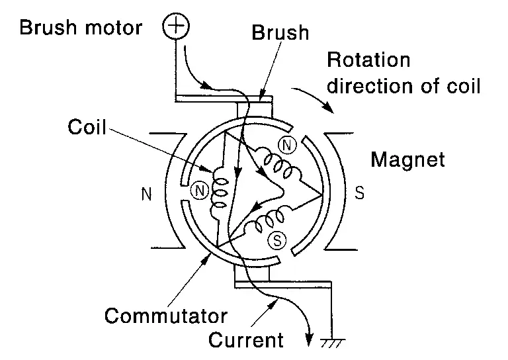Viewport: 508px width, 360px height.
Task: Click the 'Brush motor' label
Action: pos(81,28)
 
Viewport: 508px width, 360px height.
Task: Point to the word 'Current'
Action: pos(245,341)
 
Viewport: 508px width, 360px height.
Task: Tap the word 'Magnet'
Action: pos(407,159)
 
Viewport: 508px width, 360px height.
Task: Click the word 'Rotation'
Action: pos(369,61)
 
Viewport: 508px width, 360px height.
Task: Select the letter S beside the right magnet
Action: pos(359,195)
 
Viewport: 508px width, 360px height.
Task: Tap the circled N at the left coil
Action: pos(198,190)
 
